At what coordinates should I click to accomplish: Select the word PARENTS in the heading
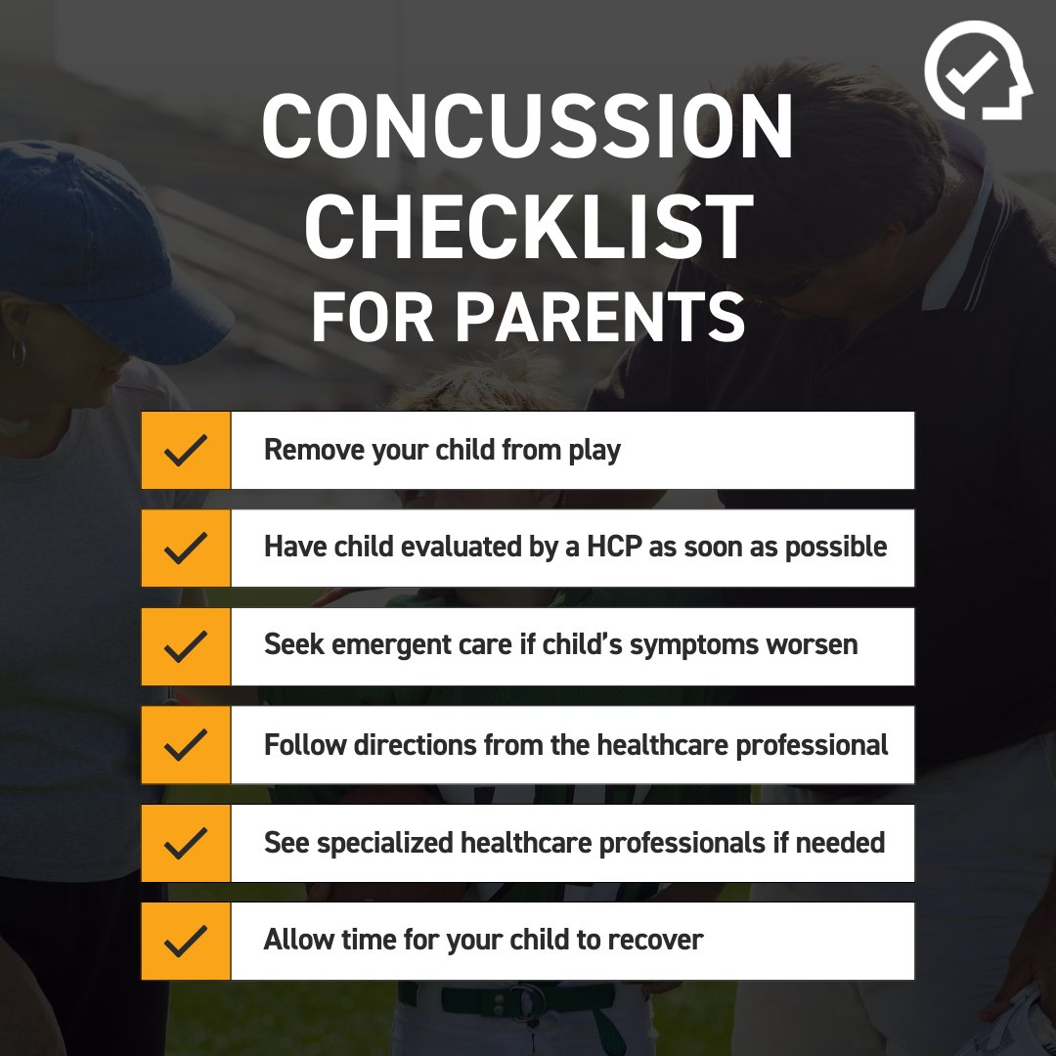[600, 316]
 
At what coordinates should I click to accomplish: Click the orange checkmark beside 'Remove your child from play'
[186, 450]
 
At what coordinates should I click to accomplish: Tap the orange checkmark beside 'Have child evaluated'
[186, 548]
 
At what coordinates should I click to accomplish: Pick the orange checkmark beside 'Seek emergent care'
[186, 646]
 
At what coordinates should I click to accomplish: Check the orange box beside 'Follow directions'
[186, 745]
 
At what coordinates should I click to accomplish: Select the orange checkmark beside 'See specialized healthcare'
[186, 843]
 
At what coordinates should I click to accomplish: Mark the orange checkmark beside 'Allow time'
[186, 941]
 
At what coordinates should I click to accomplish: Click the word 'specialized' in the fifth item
[384, 843]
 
